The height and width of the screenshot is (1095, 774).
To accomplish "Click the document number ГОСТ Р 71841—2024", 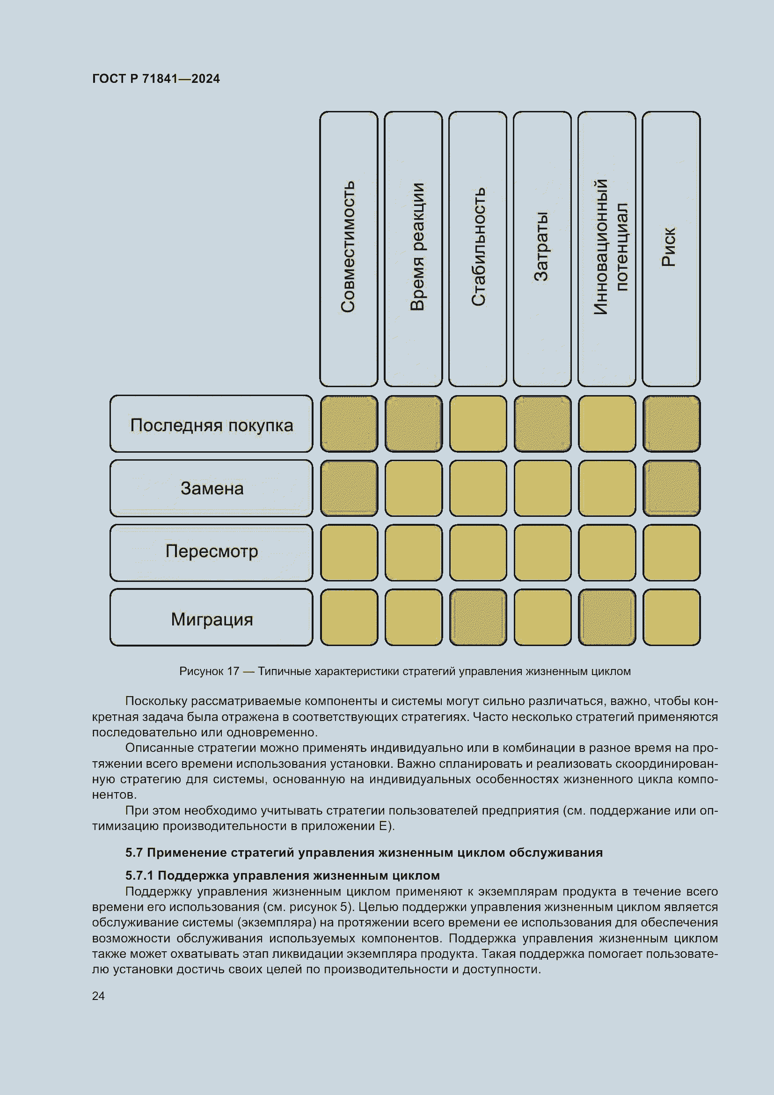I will point(156,79).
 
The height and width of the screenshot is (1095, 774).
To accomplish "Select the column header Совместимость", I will point(349,248).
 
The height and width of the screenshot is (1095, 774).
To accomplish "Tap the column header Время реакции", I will point(413,248).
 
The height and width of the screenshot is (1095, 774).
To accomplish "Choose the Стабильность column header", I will point(478,248).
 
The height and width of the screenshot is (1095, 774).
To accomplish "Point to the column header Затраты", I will point(542,248).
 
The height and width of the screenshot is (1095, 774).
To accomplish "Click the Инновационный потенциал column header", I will point(607,248).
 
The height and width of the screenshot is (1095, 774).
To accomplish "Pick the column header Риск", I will point(671,248).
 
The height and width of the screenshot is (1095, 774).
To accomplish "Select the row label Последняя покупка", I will point(211,425).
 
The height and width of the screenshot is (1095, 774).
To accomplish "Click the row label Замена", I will point(211,488).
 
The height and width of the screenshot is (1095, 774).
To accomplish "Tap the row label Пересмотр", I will point(211,552).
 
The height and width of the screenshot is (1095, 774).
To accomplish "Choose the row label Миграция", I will point(211,618).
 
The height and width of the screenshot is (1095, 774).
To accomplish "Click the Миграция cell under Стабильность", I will point(478,617).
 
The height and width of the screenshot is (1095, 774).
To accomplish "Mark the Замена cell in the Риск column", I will point(672,488).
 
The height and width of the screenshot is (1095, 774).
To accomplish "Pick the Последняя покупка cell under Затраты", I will point(542,424).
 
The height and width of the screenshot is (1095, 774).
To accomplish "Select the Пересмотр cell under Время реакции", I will point(414,553).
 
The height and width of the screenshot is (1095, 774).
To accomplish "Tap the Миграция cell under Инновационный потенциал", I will point(607,617).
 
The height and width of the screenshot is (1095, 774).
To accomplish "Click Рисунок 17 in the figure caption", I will point(209,671).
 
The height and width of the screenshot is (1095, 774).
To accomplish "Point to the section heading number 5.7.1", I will point(139,875).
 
